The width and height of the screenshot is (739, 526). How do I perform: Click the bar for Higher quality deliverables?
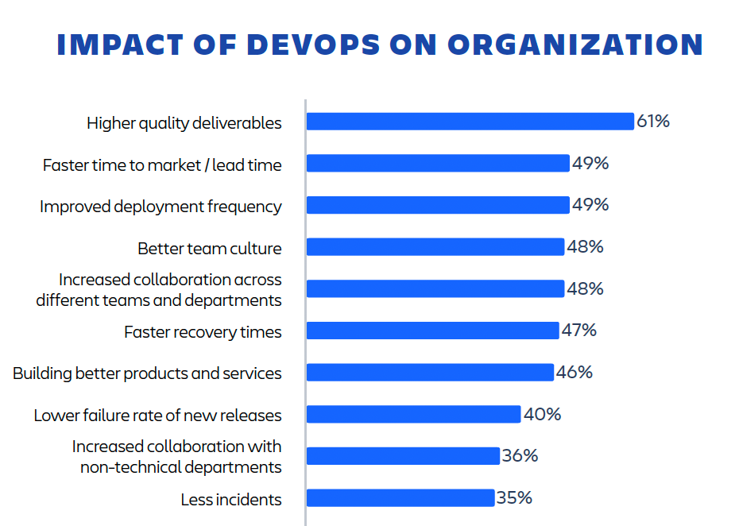click(x=469, y=122)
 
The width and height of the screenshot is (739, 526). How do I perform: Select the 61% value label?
click(x=653, y=122)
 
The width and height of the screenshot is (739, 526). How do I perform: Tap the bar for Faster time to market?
click(x=437, y=164)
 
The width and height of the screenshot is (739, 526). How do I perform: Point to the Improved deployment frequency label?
click(x=161, y=207)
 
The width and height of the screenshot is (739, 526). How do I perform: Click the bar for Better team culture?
click(x=435, y=247)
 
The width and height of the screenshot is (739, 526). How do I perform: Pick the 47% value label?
click(x=578, y=330)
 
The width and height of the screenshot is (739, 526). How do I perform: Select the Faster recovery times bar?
click(x=432, y=331)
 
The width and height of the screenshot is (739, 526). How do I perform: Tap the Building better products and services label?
click(x=147, y=373)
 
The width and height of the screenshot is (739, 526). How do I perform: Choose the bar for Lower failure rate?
click(x=413, y=414)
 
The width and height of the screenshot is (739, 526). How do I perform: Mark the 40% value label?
click(x=543, y=414)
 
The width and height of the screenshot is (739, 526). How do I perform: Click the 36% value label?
click(x=520, y=456)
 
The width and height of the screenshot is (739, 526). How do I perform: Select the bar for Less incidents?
click(x=400, y=498)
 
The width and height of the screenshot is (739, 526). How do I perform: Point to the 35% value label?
click(x=514, y=498)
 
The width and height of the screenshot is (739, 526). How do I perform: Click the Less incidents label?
click(x=231, y=500)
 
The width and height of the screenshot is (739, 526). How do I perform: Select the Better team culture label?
click(x=210, y=249)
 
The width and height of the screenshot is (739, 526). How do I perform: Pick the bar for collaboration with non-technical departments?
click(x=402, y=456)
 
